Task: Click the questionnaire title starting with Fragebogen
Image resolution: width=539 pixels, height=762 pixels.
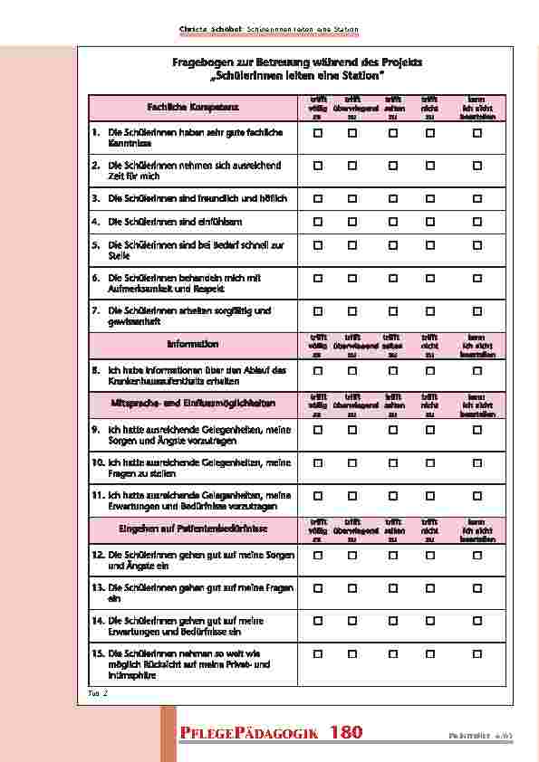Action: pos(298,67)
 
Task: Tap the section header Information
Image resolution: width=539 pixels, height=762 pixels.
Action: pos(193,345)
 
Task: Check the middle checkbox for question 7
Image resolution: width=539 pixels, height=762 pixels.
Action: pos(391,311)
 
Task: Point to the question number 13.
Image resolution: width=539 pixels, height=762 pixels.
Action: pos(97,588)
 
